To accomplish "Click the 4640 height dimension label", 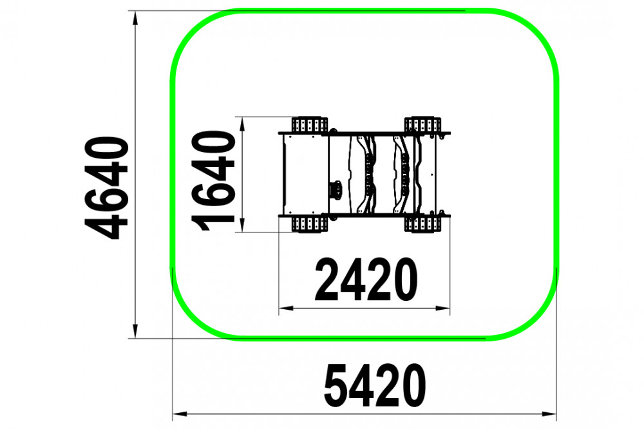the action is click(x=106, y=188).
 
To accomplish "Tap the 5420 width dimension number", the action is click(x=375, y=385).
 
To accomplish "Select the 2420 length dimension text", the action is click(x=366, y=280).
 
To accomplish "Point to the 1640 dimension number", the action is click(x=213, y=181).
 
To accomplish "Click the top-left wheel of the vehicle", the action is click(x=310, y=124).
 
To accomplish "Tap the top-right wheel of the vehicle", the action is click(x=422, y=124).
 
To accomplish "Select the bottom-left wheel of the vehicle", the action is click(x=310, y=224).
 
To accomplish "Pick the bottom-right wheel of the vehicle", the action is click(x=422, y=224).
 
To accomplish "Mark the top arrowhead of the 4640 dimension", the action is click(x=135, y=19).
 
